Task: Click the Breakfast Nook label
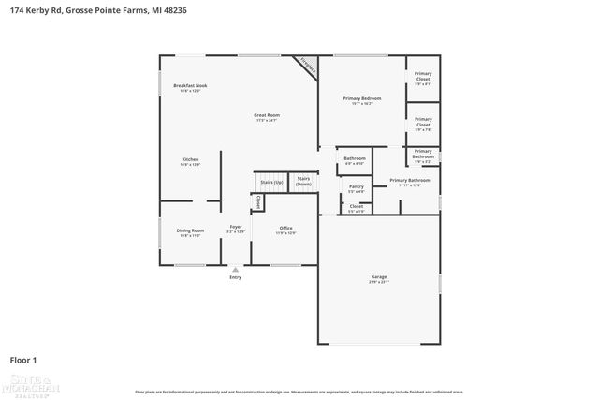190,86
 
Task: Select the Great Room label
267,115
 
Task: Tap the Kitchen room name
190,160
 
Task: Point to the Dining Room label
190,230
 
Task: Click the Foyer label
236,228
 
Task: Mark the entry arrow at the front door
235,269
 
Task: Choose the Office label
286,228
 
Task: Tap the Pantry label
356,186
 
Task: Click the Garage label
378,277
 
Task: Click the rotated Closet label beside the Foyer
257,201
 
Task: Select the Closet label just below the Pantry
356,207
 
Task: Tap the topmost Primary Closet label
423,78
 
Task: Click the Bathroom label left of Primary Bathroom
355,158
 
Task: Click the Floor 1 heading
24,359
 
